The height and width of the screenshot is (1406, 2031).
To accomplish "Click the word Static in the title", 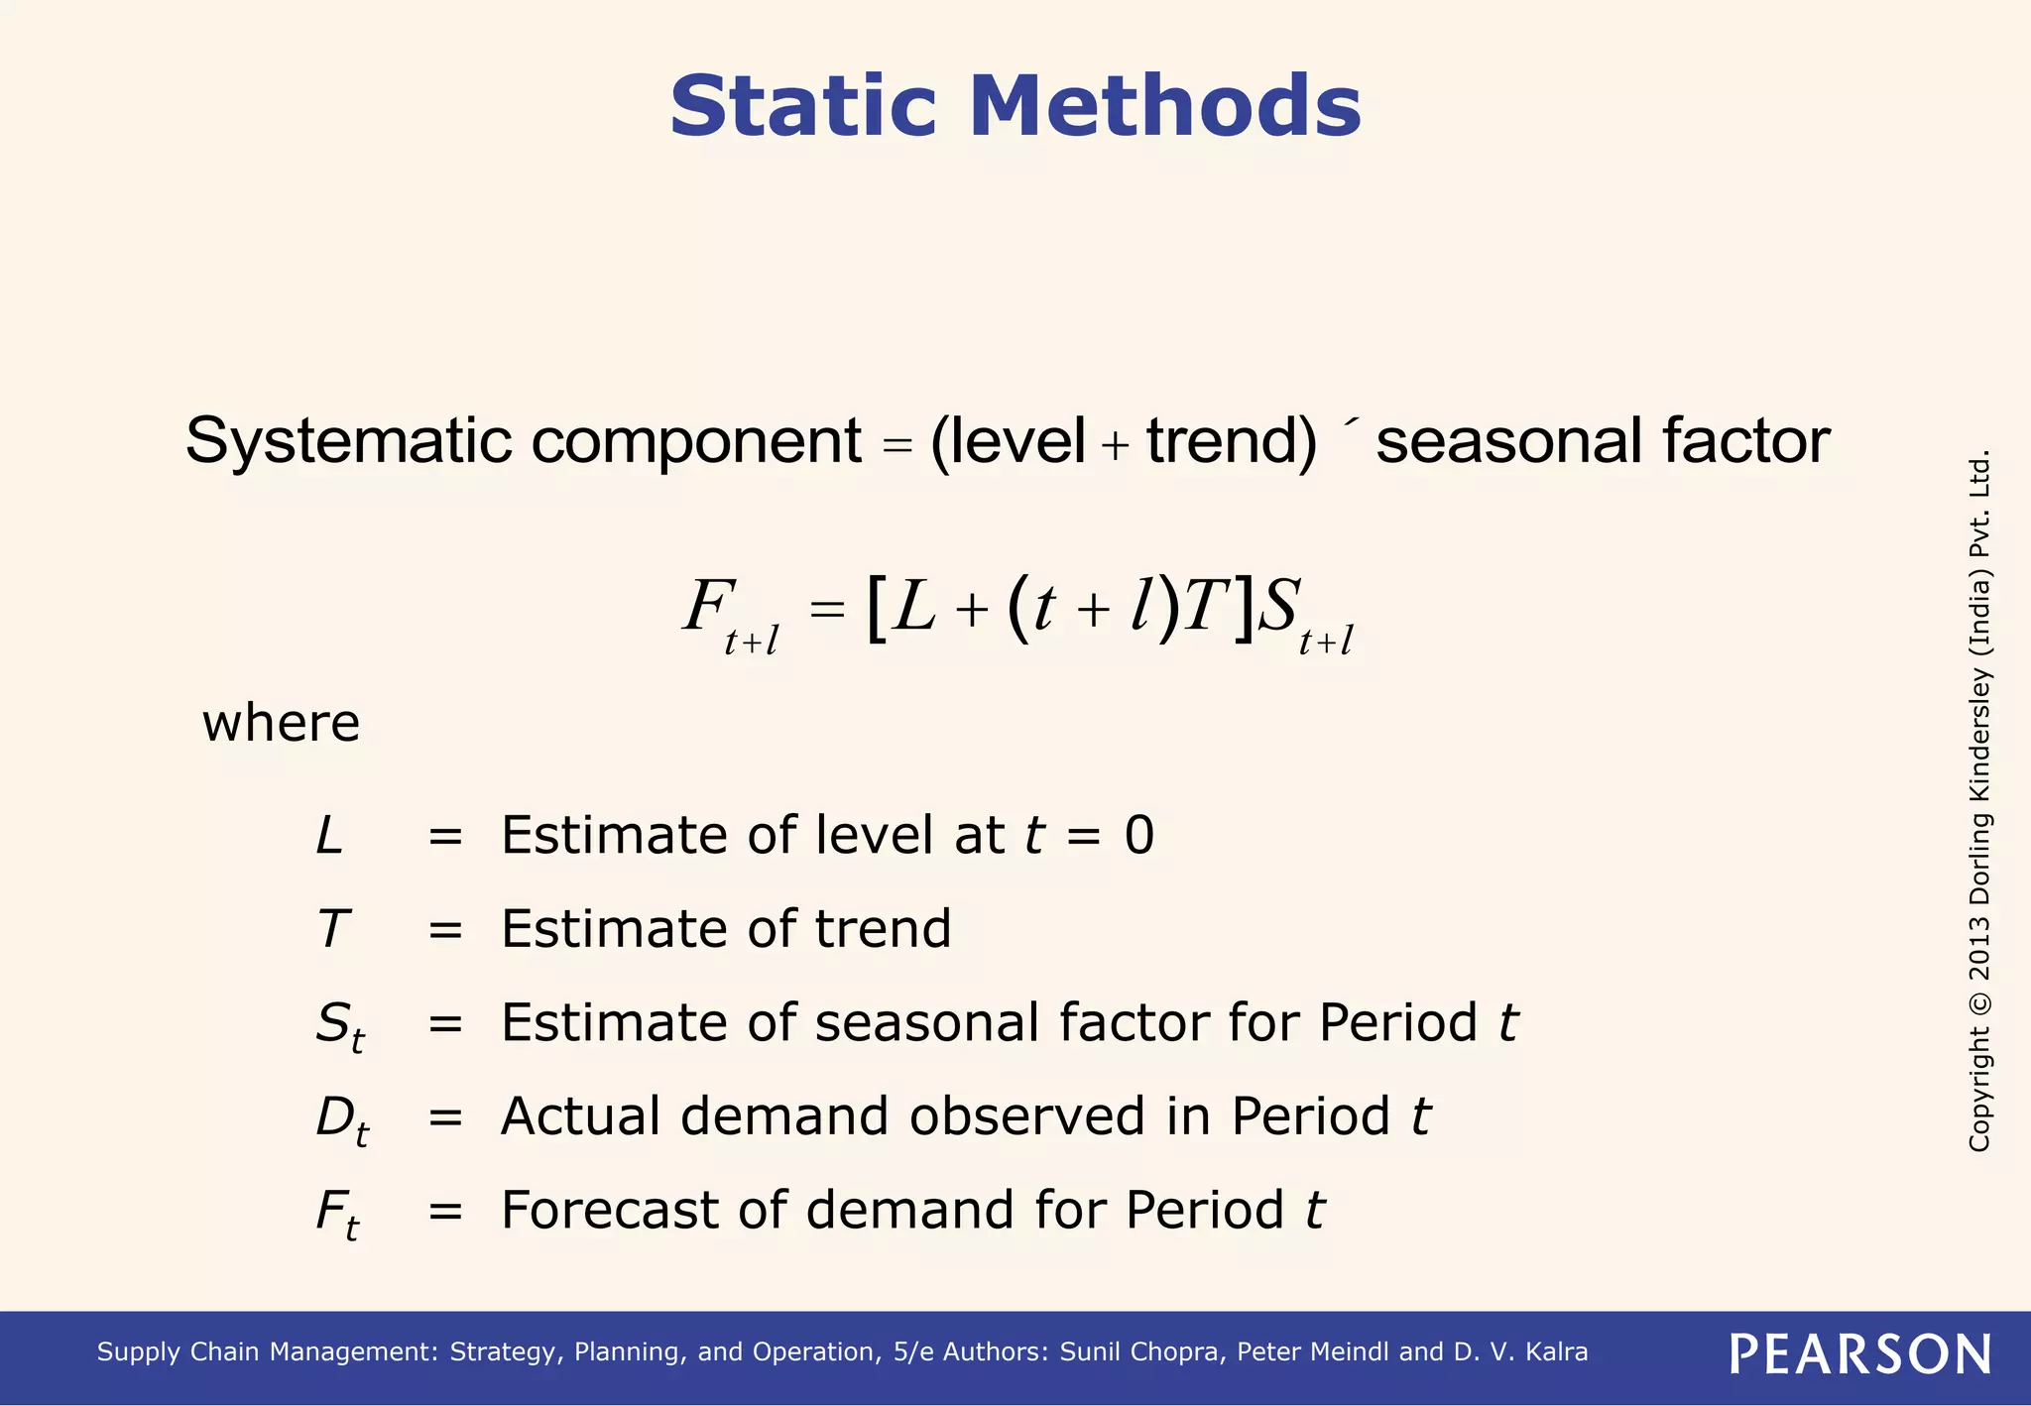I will [x=802, y=106].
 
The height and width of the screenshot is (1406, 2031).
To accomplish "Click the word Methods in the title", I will [x=1164, y=106].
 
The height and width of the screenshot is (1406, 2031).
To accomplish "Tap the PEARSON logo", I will [x=1860, y=1354].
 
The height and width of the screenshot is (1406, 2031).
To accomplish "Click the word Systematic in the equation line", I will [x=348, y=440].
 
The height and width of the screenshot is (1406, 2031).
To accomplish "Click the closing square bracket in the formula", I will [x=1244, y=608].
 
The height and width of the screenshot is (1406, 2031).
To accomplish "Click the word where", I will [x=281, y=723].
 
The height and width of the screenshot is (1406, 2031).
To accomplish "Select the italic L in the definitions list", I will [x=329, y=835].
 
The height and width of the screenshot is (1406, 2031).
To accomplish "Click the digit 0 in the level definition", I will [x=1139, y=835].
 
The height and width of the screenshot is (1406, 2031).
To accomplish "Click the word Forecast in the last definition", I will [x=645, y=1210].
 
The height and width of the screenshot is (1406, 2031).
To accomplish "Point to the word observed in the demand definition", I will [x=1027, y=1116].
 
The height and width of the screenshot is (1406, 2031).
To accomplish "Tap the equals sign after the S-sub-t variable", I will [x=445, y=1023].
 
